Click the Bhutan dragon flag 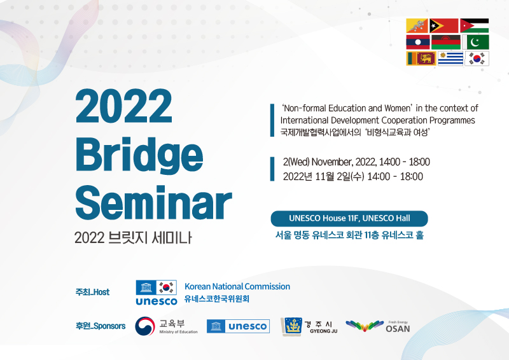tap(417, 25)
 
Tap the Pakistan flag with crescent tap(475, 42)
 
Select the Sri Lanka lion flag tap(421, 59)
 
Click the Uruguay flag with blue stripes tap(450, 59)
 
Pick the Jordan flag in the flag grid tap(474, 25)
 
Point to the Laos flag tap(418, 42)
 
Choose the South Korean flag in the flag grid tap(477, 59)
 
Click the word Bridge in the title tap(139, 156)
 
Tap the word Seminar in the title tap(153, 203)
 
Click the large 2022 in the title tap(123, 106)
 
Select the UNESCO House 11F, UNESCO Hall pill tap(349, 218)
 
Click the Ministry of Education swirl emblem tap(145, 326)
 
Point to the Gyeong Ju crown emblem tap(291, 326)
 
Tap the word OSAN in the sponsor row tap(398, 329)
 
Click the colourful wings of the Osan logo tap(365, 326)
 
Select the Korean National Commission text tap(237, 287)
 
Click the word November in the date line tap(331, 162)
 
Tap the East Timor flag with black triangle tap(443, 25)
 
